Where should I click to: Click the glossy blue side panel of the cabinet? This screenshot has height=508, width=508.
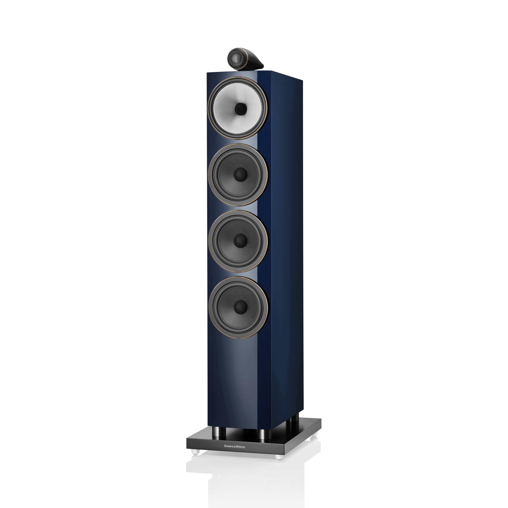[281, 237]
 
